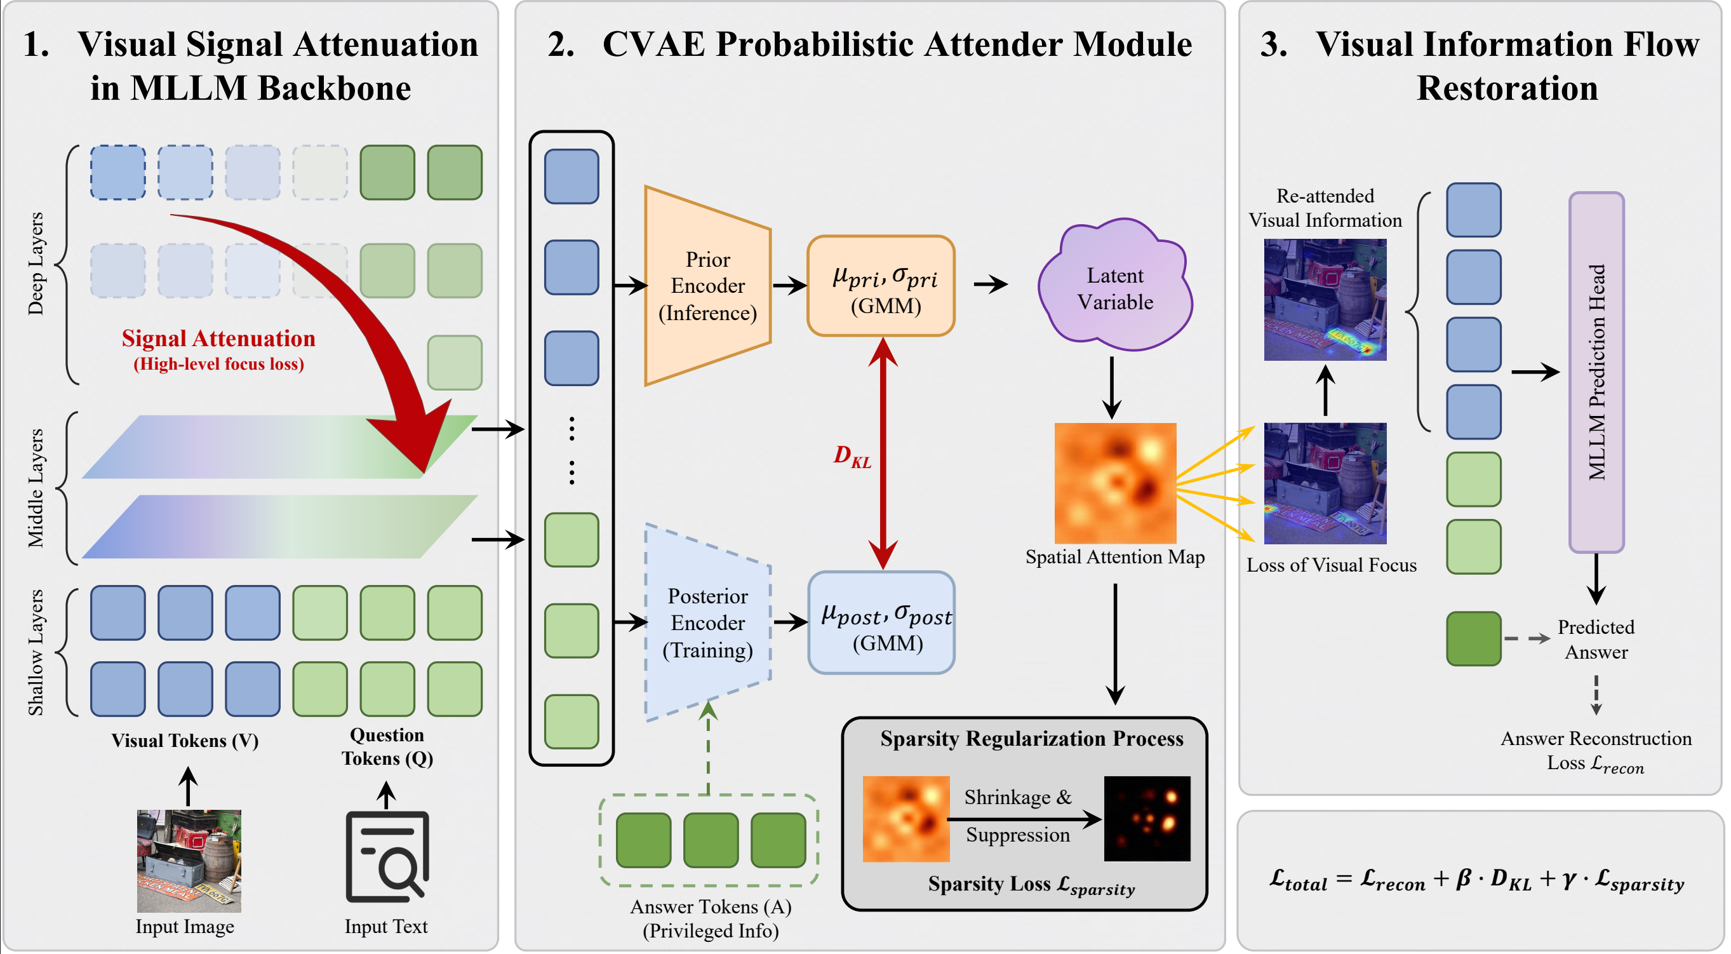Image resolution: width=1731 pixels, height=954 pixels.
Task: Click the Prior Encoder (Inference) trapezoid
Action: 707,286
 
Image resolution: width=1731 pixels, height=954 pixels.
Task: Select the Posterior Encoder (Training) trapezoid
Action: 707,622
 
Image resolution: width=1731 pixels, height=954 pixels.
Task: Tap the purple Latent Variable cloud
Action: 1115,288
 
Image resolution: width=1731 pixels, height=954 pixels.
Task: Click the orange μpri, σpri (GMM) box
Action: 881,286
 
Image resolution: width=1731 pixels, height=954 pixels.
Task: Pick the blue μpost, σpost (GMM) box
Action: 881,622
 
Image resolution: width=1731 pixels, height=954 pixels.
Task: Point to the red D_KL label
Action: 852,457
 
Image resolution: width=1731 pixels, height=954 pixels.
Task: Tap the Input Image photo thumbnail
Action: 189,861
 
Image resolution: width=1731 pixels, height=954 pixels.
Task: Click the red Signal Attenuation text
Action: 218,338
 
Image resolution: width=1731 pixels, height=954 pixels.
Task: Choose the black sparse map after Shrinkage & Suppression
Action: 1147,819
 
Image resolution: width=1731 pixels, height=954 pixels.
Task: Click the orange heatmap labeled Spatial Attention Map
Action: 1115,483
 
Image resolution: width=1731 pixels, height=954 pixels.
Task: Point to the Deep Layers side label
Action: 35,264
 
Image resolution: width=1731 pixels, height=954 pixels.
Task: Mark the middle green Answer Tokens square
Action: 711,840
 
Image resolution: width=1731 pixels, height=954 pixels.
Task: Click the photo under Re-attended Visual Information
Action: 1325,300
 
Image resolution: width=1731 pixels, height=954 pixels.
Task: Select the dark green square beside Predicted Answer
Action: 1473,639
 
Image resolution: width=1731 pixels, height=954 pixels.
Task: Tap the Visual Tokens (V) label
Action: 185,741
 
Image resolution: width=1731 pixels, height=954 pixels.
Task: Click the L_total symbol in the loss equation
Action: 1297,880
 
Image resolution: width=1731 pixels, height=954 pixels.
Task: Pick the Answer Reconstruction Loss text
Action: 1596,750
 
